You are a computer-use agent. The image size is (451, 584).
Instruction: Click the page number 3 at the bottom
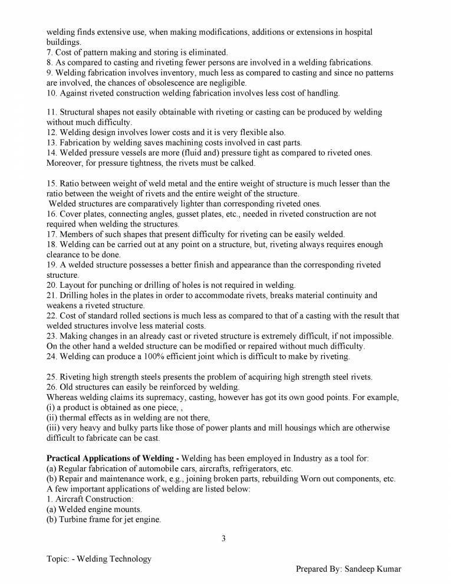224,537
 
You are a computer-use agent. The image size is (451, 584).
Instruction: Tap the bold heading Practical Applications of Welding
112,458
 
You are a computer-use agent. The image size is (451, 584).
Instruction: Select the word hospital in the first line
358,32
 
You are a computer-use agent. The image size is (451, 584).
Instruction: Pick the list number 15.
51,183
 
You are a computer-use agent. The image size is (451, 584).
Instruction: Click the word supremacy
147,398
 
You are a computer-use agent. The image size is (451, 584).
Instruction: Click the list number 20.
51,285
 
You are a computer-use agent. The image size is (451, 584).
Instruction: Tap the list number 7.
50,53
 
